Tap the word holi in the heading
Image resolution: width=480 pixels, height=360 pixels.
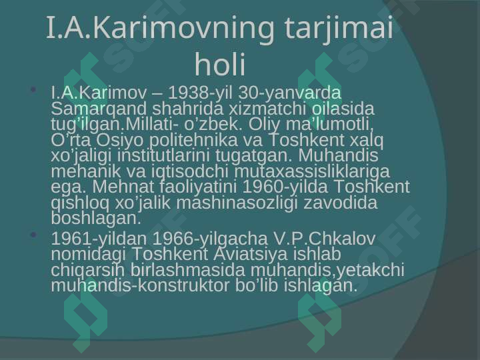(220, 64)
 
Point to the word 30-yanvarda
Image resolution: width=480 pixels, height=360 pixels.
(289, 93)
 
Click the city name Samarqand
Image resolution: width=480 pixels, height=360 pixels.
(99, 109)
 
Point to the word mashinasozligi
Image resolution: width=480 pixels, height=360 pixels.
(237, 203)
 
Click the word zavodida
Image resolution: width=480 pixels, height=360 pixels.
(341, 203)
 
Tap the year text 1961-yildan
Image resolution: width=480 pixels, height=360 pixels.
(99, 239)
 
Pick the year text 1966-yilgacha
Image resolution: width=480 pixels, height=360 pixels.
(210, 239)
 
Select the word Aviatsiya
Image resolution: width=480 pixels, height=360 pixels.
(251, 254)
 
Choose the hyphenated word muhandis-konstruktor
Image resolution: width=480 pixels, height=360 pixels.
(140, 285)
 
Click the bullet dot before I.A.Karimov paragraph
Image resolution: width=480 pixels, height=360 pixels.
(34, 89)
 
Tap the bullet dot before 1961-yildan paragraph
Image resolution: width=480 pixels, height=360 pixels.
(34, 235)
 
